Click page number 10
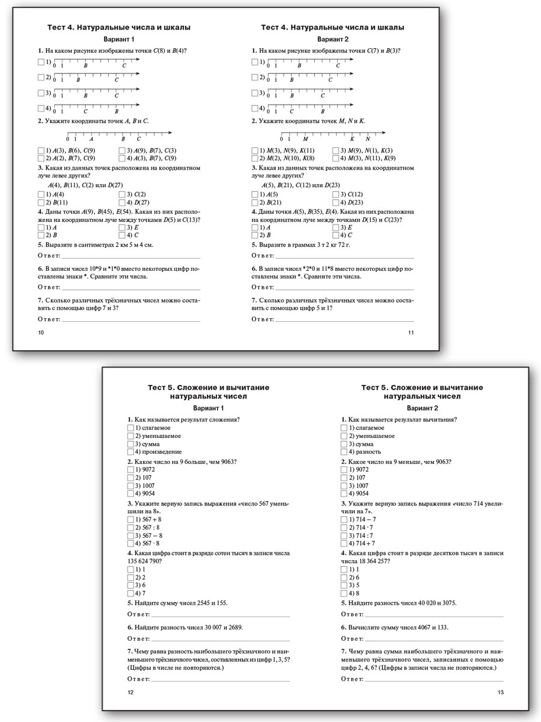click(41, 333)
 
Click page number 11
click(411, 333)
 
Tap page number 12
click(131, 693)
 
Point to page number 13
click(501, 693)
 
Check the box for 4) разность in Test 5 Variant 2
click(344, 452)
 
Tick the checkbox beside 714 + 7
click(344, 543)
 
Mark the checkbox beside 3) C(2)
click(122, 194)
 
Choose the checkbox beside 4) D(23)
click(335, 202)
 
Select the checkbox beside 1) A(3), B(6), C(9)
click(41, 150)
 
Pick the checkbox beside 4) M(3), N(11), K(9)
click(335, 158)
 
